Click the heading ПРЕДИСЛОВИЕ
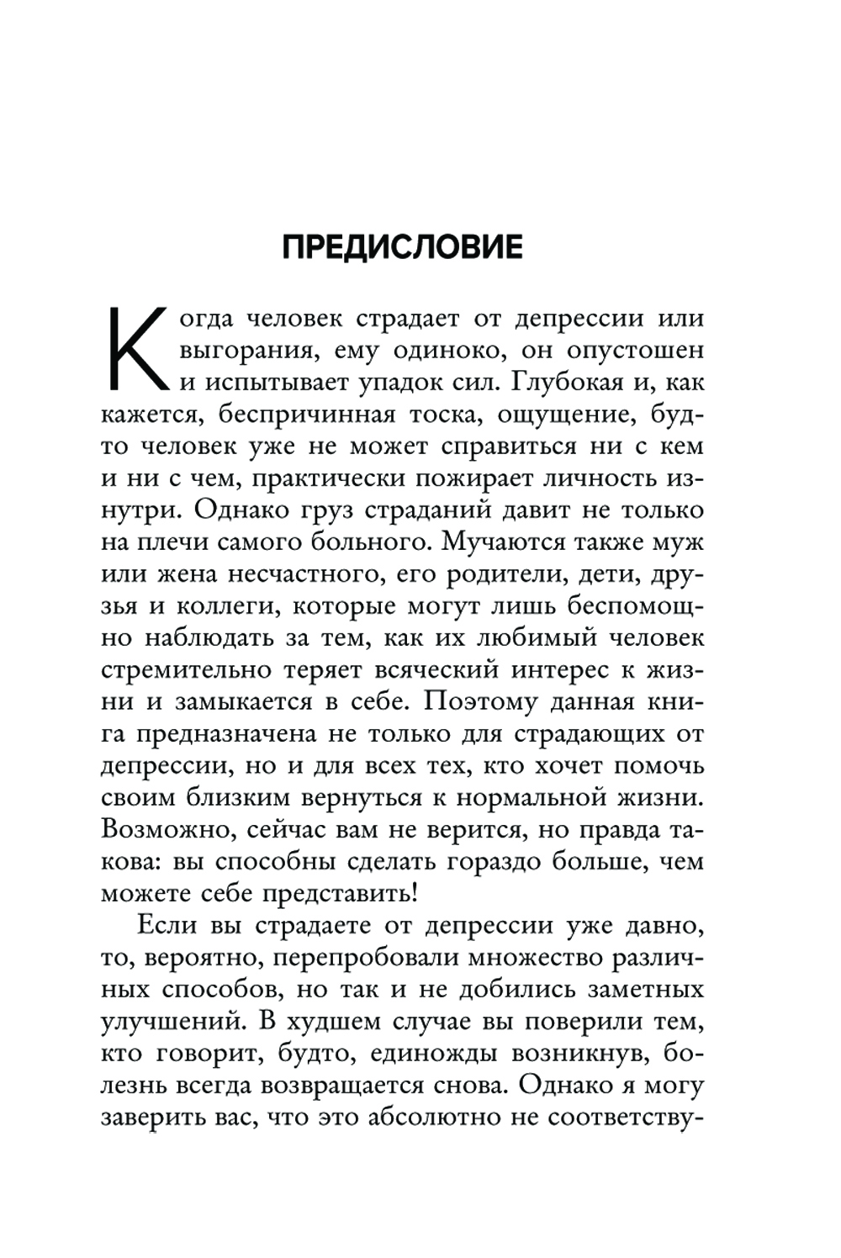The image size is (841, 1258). point(402,247)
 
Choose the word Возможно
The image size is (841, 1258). point(156,829)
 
